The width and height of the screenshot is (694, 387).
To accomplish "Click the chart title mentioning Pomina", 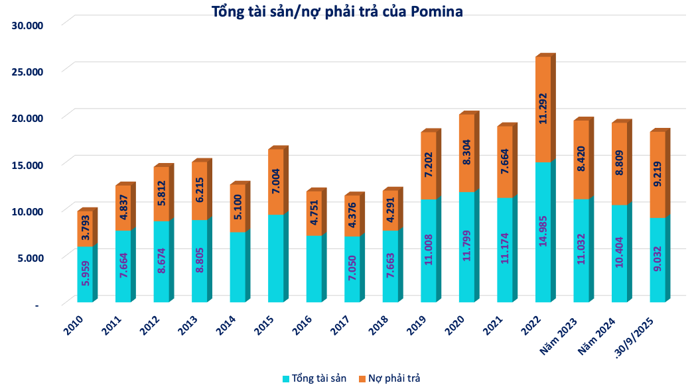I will pyautogui.click(x=337, y=11).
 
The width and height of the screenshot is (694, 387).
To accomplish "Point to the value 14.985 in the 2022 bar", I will pyautogui.click(x=543, y=233).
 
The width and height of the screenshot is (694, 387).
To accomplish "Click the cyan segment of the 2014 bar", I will pyautogui.click(x=238, y=268).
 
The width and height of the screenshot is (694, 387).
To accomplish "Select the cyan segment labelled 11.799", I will pyautogui.click(x=467, y=247).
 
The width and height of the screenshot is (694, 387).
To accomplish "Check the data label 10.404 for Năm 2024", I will pyautogui.click(x=619, y=254).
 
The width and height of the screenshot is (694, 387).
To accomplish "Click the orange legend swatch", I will pyautogui.click(x=362, y=378).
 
